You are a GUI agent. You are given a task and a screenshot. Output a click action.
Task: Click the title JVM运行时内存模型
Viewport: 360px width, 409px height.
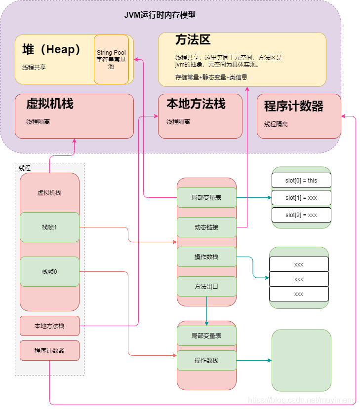coord(160,15)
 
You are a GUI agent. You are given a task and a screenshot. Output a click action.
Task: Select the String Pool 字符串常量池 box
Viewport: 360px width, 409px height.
coord(111,59)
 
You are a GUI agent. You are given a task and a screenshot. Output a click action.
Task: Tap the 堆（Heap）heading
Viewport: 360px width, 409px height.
coord(51,50)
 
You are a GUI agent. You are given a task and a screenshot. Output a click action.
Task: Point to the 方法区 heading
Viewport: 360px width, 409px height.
coord(193,40)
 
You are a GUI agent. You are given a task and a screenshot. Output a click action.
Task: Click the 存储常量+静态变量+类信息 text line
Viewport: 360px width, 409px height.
coord(211,77)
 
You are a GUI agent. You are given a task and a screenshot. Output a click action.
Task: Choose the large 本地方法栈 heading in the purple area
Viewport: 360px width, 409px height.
coord(196,104)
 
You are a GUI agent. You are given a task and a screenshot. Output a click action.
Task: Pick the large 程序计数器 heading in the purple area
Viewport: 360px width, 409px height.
coord(294,106)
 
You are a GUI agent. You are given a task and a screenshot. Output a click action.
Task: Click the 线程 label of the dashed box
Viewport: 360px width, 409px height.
coord(25,168)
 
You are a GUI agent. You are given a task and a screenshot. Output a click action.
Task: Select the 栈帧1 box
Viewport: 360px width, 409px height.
coord(49,227)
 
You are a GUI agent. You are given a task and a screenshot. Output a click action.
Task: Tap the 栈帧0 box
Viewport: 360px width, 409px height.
coord(49,271)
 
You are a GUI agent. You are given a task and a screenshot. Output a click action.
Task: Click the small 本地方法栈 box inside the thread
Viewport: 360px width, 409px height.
coord(49,326)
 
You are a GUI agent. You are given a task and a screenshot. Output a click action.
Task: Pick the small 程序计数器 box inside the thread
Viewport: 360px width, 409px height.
coord(49,350)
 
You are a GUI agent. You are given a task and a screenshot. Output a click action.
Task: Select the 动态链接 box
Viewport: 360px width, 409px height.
coord(206,227)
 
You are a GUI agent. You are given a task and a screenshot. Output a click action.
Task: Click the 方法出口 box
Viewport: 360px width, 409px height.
coord(206,286)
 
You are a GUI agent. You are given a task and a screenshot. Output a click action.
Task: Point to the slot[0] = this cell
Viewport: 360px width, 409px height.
coord(301,180)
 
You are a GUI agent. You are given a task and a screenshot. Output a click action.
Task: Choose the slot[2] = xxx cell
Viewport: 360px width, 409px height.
coord(301,215)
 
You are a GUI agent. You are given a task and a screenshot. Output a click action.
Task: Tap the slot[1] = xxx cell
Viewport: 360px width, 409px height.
coord(301,197)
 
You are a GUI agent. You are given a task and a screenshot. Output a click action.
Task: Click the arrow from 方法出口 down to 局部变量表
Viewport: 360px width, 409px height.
coord(206,311)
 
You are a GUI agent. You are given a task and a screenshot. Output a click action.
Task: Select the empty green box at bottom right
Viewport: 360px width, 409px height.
coord(301,360)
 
